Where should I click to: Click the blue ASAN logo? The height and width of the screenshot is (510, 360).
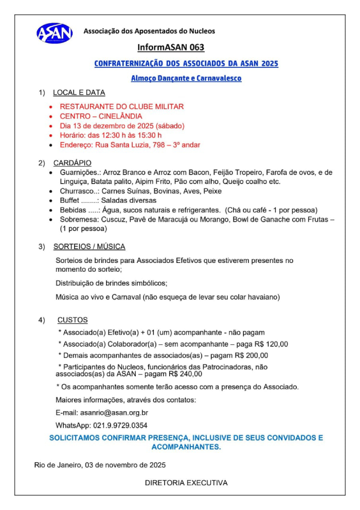[55, 33]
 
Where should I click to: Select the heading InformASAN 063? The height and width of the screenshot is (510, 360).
[171, 48]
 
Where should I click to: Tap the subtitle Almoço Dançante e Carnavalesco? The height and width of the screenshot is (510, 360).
[186, 79]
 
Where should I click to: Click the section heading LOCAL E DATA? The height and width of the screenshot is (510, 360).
[79, 93]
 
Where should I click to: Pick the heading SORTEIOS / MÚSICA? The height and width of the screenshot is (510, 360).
[89, 247]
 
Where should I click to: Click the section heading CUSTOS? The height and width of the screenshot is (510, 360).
[73, 320]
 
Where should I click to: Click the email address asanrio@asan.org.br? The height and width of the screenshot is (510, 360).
[114, 413]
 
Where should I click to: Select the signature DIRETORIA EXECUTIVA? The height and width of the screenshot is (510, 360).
[186, 483]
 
